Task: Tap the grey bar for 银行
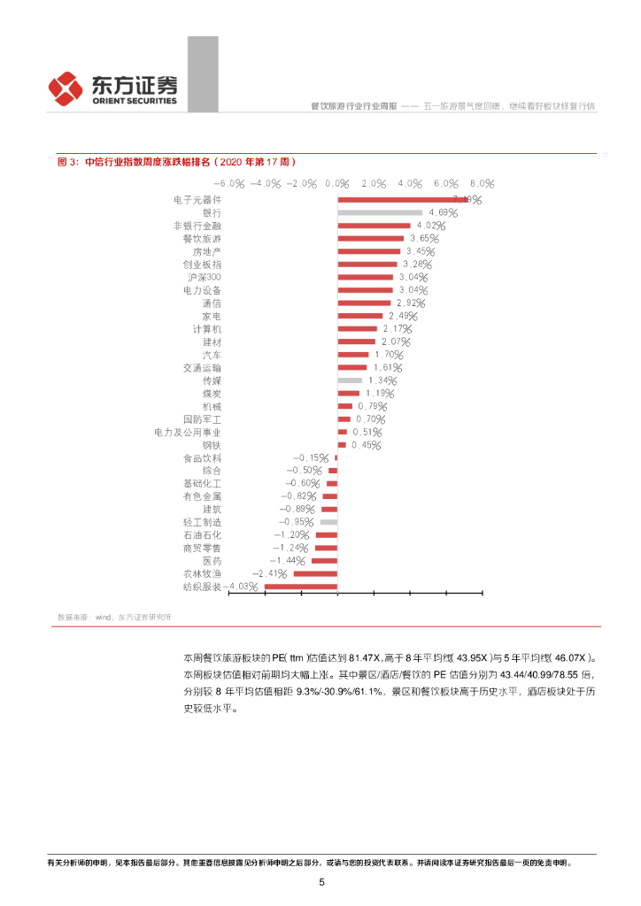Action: pyautogui.click(x=380, y=213)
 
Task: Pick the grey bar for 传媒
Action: pyautogui.click(x=350, y=380)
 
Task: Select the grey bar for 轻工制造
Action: pyautogui.click(x=328, y=522)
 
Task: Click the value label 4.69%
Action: pyautogui.click(x=443, y=213)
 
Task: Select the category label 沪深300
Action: pyautogui.click(x=205, y=277)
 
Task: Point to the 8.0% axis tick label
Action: pyautogui.click(x=482, y=183)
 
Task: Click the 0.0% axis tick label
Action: pyautogui.click(x=337, y=183)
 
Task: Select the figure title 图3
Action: pyautogui.click(x=175, y=162)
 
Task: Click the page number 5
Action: pyautogui.click(x=321, y=882)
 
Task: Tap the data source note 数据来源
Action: pyautogui.click(x=113, y=616)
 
